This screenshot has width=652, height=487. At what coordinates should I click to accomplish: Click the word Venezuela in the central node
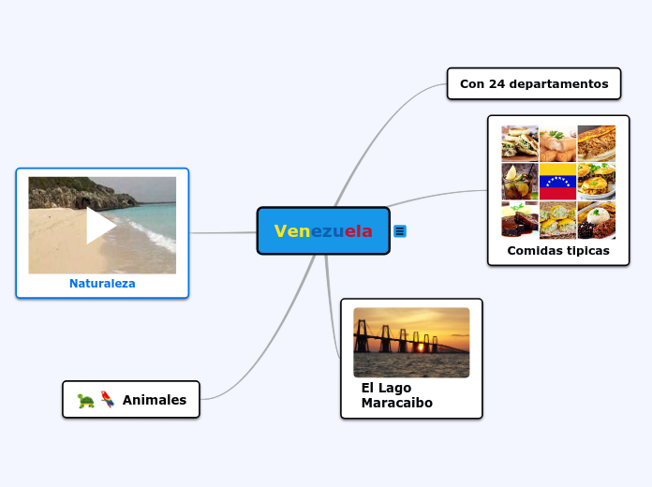(323, 231)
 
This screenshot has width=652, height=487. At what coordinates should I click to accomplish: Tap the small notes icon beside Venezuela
(400, 230)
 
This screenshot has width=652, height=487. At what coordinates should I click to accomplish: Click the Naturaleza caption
(102, 284)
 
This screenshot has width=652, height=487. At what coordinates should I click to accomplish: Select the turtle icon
(86, 400)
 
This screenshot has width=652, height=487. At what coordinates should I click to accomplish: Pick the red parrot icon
(108, 399)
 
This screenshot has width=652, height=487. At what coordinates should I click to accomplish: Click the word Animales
(155, 400)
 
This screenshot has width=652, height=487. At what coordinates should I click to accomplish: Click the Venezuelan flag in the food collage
(557, 181)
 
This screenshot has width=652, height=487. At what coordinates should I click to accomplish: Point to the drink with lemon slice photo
(519, 181)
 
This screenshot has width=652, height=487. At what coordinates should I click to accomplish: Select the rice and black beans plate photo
(597, 220)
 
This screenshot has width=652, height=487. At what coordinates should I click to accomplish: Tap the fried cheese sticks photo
(558, 143)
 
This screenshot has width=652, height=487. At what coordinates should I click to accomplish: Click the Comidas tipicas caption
(558, 251)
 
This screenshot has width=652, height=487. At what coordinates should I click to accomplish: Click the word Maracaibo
(396, 403)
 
